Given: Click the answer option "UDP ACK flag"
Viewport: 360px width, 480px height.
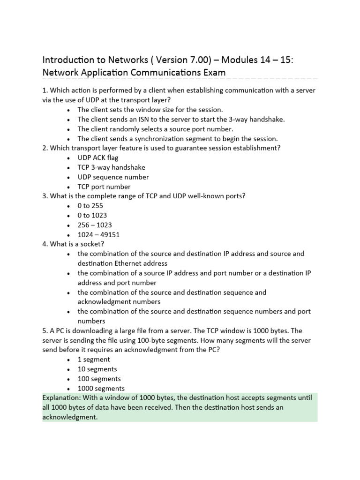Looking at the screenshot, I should coord(97,157).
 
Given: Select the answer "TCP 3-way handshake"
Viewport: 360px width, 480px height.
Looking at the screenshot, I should coord(111,167).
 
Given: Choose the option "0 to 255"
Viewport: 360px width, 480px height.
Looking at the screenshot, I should coord(90,205).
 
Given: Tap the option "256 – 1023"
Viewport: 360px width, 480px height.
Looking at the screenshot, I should coord(95,225).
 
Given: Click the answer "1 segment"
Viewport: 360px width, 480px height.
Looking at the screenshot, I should coord(94,359).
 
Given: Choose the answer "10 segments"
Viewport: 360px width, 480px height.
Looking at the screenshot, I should coord(97,369).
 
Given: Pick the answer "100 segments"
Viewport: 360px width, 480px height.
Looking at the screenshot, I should coord(99,378).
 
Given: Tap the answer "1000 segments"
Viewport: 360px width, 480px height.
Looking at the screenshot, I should coord(101,388).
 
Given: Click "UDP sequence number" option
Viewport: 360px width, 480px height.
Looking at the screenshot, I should coord(113,177).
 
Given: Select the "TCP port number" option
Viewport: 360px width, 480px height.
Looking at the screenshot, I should coord(105,187).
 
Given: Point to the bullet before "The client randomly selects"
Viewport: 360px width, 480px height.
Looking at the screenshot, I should coord(69,129).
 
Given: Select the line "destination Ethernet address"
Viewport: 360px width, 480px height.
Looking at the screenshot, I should coord(122,263).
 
